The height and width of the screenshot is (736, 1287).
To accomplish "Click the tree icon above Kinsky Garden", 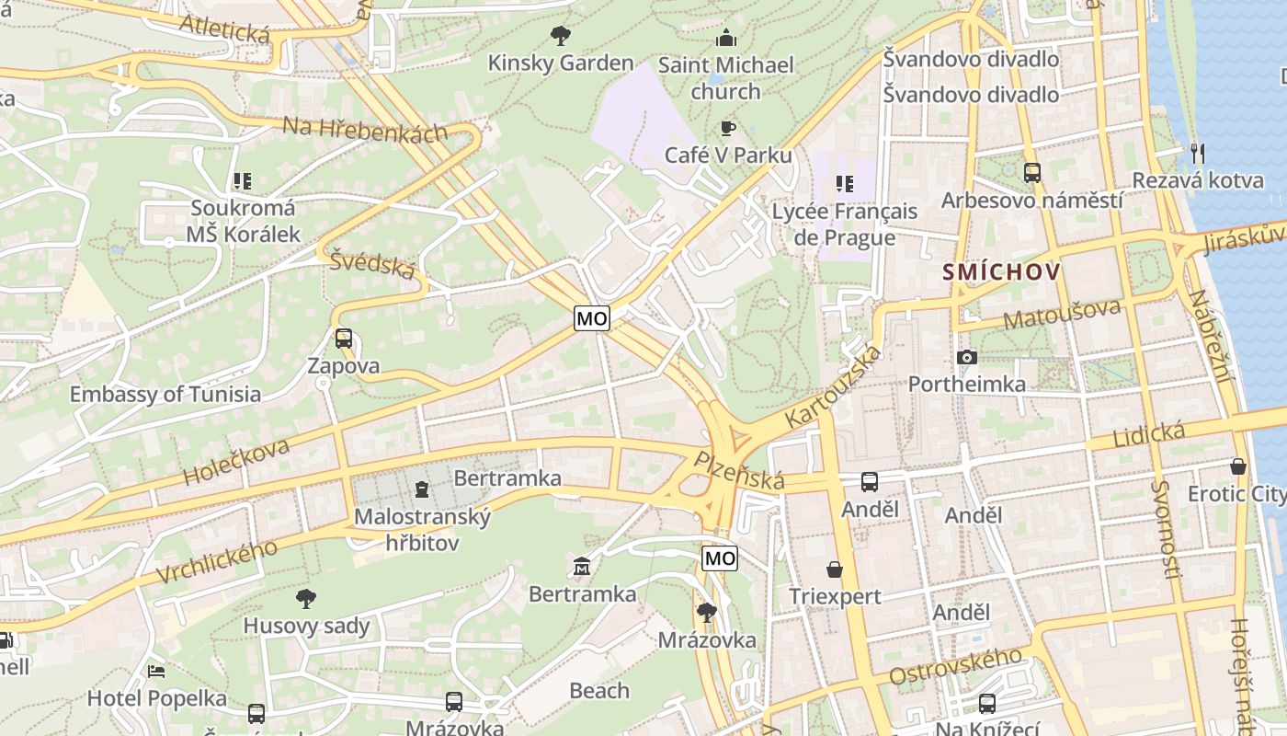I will point(560,36).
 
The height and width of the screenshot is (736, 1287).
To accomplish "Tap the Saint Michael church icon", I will point(726,39).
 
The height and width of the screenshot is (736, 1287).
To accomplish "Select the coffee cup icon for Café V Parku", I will point(728,128).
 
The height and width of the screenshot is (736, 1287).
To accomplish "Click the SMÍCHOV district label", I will point(1001,272).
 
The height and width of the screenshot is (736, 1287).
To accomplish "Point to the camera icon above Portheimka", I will point(966,357).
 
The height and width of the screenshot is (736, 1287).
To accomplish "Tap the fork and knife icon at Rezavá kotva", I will point(1197,153).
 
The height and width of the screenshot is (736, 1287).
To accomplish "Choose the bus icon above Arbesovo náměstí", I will point(1031,172).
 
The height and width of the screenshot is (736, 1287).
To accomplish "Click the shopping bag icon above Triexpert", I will point(835,569).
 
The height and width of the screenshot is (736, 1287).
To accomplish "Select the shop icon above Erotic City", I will point(1238,466).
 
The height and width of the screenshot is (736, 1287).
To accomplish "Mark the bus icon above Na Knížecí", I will point(987,704).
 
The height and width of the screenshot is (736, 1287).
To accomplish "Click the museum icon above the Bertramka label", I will point(582,566).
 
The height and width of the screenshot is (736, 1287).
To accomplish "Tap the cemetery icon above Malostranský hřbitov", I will point(422,489).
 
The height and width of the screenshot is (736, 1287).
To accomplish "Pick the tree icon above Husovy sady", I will point(306,599).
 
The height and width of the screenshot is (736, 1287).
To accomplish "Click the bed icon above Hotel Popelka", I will point(156,671).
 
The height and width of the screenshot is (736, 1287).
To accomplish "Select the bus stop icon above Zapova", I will point(343,339).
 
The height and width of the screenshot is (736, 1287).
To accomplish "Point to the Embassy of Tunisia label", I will point(165,395).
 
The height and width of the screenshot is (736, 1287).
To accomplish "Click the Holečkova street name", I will point(236,462).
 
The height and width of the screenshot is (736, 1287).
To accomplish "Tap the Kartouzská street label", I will point(833,386).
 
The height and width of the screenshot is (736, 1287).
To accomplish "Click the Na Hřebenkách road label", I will point(365,130).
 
